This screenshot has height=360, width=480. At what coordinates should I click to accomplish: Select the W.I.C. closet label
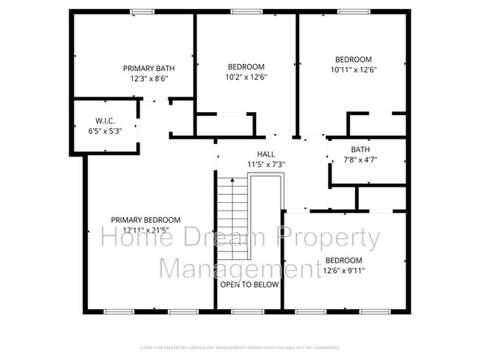tap(103, 120)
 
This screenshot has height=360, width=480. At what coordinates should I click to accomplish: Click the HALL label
tap(245, 154)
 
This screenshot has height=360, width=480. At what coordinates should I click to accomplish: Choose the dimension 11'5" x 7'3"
tap(245, 164)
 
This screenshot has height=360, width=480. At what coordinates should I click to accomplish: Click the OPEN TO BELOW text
tap(248, 283)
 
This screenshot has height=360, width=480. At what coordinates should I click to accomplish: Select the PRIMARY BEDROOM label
tap(145, 220)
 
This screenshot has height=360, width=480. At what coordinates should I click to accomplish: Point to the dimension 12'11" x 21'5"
tap(145, 230)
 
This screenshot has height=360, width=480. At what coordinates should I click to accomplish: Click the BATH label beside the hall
tap(360, 149)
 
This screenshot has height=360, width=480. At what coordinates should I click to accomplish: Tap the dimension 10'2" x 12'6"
tap(246, 76)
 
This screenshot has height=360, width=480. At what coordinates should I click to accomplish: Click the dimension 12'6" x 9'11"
tap(343, 270)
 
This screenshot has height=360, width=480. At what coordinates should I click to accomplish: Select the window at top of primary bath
tap(137, 11)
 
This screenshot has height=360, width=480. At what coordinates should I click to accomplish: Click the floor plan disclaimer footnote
tap(239, 346)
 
